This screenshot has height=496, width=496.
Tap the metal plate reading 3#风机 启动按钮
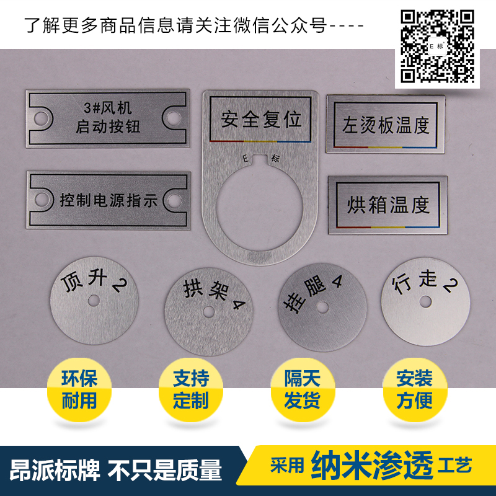pos(107,118)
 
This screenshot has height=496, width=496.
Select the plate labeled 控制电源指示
pos(108,199)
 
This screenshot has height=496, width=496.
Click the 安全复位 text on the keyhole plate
pos(260,118)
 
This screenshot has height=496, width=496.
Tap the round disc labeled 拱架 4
pos(210,311)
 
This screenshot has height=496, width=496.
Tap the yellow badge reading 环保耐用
pos(79,389)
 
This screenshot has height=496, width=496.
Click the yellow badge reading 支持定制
pos(191,389)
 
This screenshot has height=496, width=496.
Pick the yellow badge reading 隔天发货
pos(302,389)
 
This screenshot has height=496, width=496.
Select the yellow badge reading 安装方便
pos(414,389)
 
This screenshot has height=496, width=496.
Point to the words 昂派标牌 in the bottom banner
pos(56,471)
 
